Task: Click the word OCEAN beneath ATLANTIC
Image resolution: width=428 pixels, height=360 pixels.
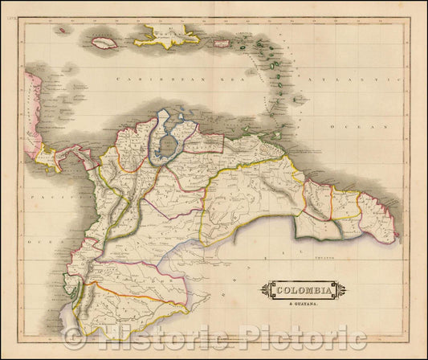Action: pyautogui.click(x=371, y=127)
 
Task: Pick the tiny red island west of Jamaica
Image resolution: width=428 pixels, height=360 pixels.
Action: pyautogui.click(x=60, y=31)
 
